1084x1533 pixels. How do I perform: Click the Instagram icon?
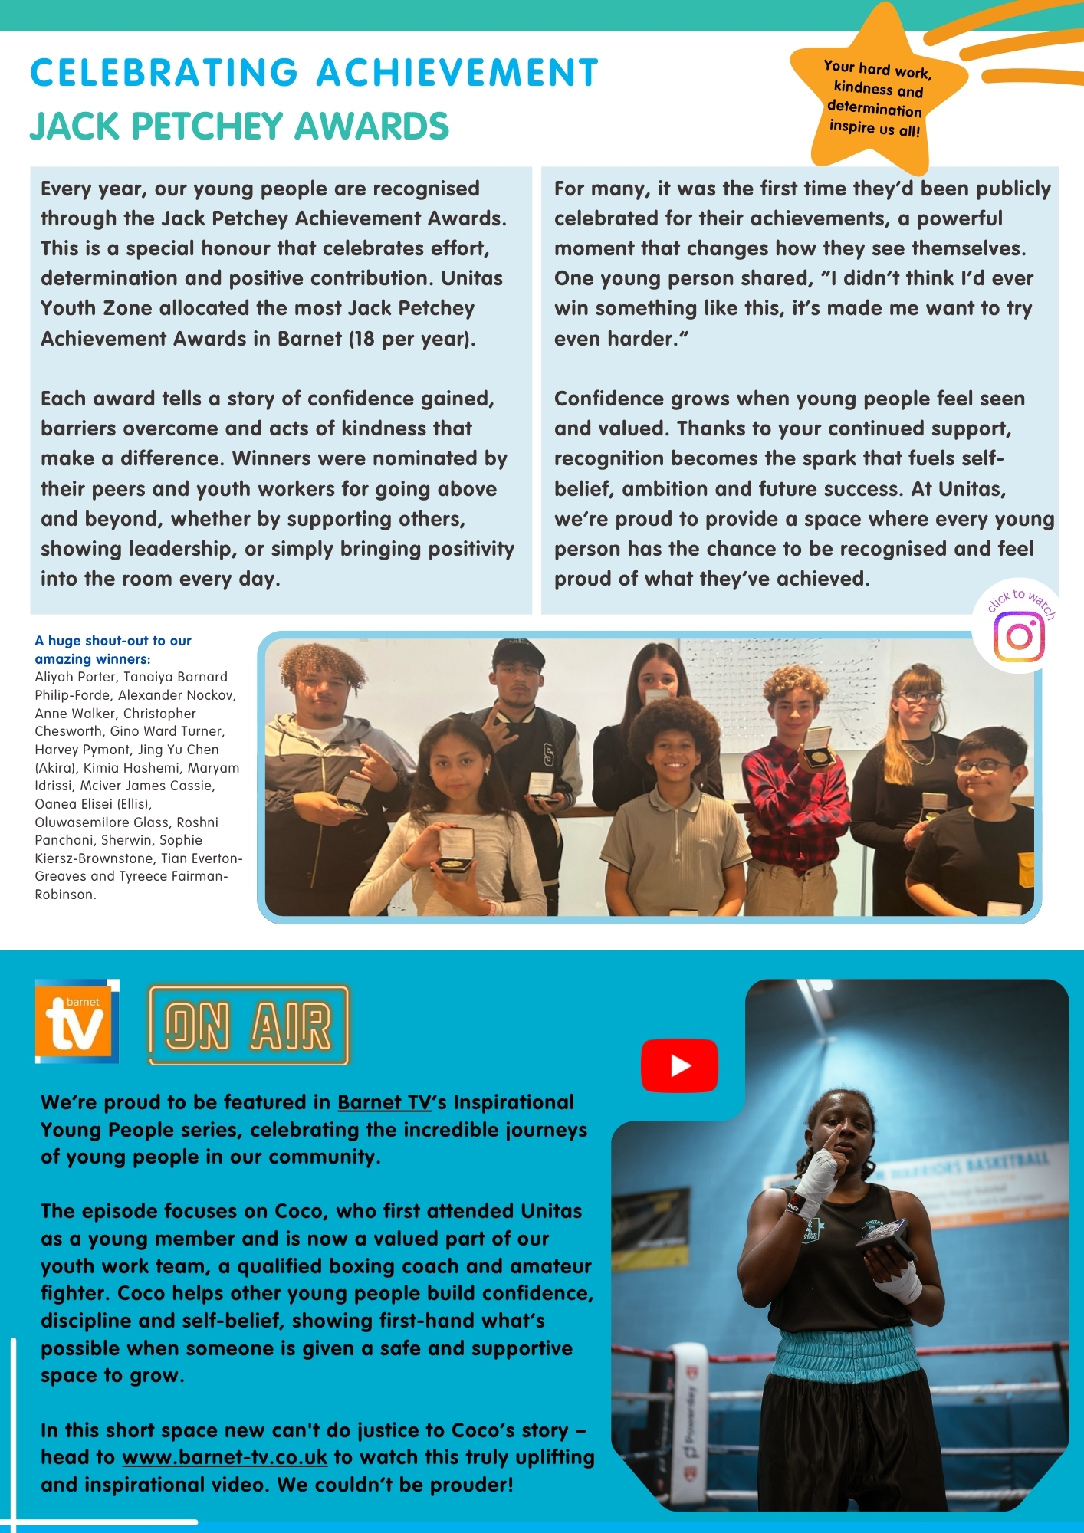click(x=1019, y=635)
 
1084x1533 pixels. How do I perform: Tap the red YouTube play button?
click(x=679, y=1065)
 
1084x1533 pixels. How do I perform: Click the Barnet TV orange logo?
click(x=77, y=1021)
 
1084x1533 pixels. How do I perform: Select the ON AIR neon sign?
click(x=248, y=1026)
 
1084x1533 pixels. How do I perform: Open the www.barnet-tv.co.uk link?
click(x=225, y=1457)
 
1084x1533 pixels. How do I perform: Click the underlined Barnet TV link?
click(x=384, y=1102)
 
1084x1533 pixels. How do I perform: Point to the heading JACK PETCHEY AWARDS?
click(x=239, y=126)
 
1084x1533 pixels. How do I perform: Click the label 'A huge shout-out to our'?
click(x=113, y=641)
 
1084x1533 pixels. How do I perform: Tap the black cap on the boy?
click(x=517, y=653)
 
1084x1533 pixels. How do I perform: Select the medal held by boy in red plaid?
click(x=817, y=755)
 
